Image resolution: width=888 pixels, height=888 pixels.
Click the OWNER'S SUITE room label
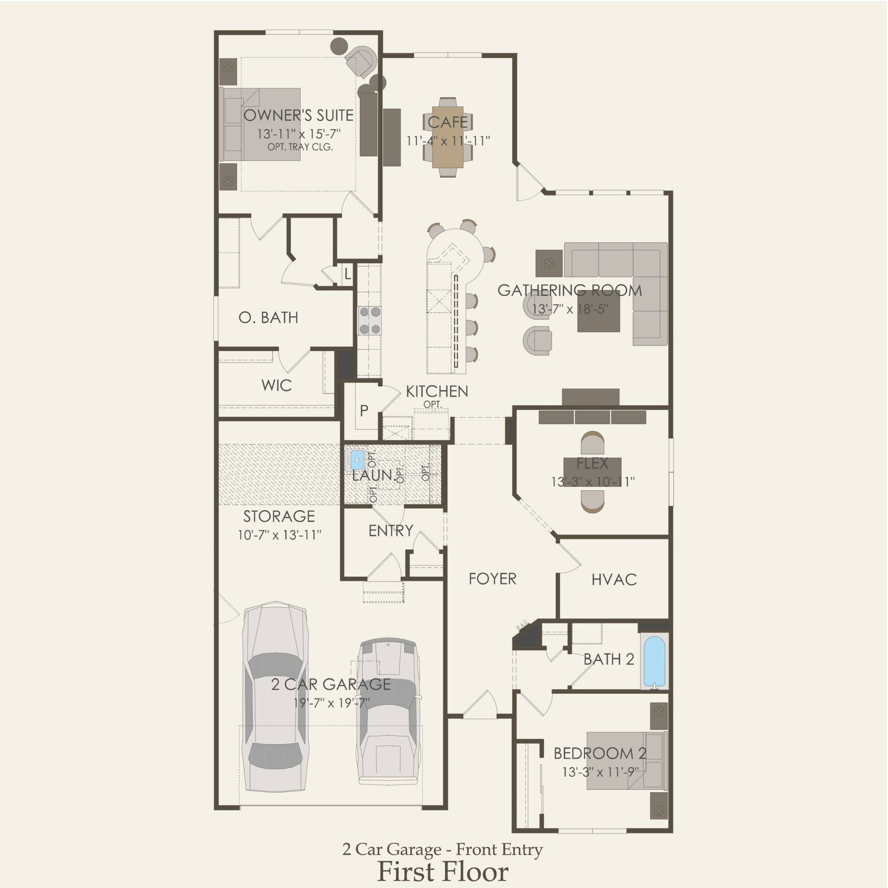click(298, 115)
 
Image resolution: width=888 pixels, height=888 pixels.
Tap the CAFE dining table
click(447, 137)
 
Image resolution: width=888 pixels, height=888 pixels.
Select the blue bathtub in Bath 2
click(654, 662)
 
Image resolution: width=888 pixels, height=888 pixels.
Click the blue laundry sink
click(358, 460)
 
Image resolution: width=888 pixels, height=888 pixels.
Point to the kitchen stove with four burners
click(370, 321)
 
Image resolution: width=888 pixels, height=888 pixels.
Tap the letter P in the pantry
click(364, 410)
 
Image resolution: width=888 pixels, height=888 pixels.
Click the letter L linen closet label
click(347, 275)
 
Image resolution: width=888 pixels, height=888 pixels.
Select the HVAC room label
click(614, 580)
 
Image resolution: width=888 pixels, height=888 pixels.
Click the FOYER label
click(492, 579)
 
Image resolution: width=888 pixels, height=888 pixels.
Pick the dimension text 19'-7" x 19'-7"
click(331, 703)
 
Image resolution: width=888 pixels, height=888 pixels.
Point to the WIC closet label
click(276, 385)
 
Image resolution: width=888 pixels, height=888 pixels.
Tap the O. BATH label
click(268, 318)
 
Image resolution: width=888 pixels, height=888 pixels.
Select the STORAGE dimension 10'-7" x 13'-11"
click(279, 535)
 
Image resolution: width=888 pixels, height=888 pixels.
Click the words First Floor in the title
click(443, 872)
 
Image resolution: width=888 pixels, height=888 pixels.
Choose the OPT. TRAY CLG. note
click(300, 148)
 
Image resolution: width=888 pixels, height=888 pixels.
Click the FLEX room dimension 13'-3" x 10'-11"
click(592, 481)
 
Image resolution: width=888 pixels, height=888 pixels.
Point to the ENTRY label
click(391, 530)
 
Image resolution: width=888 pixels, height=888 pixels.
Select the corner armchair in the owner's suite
click(362, 60)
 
